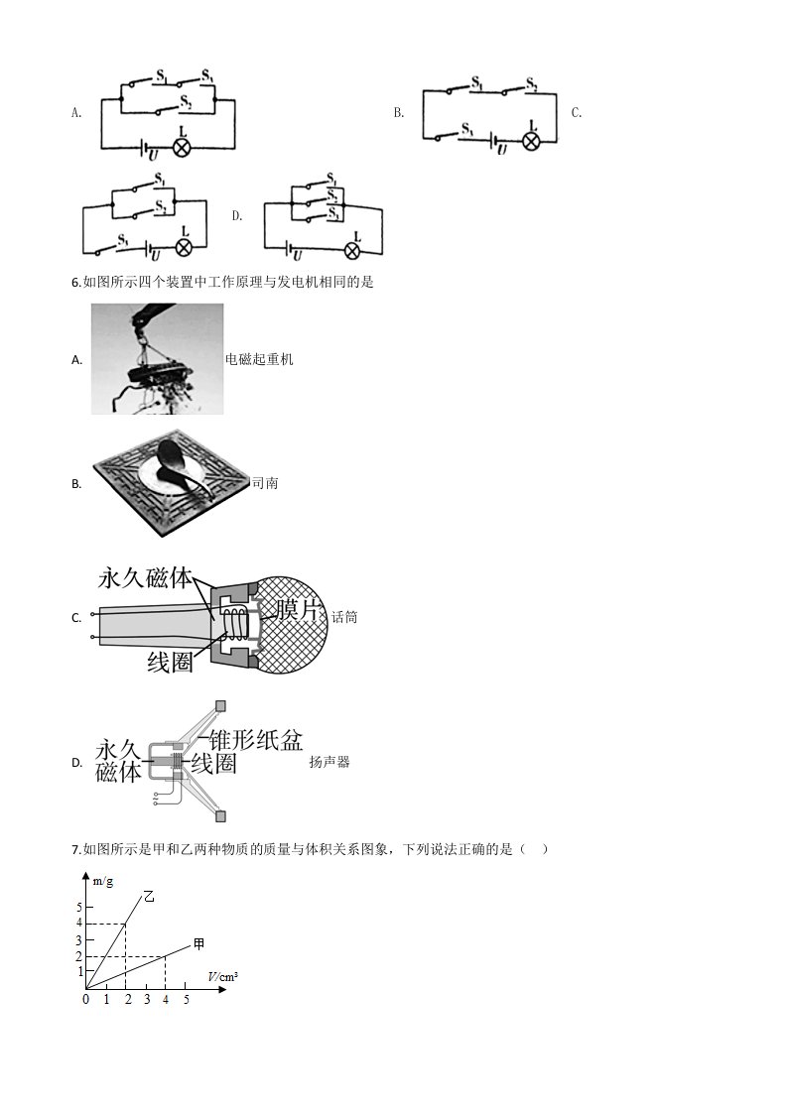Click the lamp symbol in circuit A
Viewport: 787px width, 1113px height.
[183, 148]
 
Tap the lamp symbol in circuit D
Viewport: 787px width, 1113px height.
[353, 251]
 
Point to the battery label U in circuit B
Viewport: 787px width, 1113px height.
[502, 150]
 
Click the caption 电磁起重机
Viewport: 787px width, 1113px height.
[259, 359]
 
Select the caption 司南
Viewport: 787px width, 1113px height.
[265, 483]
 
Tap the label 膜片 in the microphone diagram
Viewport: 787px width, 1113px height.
[299, 609]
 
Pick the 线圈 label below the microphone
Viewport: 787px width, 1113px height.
[171, 663]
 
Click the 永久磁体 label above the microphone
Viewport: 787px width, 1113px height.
[146, 577]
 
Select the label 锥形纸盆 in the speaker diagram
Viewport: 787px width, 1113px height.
[256, 740]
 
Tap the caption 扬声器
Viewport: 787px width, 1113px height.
[329, 763]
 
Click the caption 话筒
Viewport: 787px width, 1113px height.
[344, 618]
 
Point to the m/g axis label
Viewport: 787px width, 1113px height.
[103, 882]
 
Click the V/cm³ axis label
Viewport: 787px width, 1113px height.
[223, 977]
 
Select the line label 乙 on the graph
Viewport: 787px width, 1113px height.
[149, 897]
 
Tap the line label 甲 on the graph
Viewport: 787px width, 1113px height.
[198, 943]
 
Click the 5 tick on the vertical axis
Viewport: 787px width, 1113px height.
[79, 907]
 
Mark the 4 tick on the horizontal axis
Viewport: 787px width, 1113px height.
[166, 1000]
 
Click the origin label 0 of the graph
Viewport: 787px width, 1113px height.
[86, 1000]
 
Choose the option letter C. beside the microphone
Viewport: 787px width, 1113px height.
[76, 618]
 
